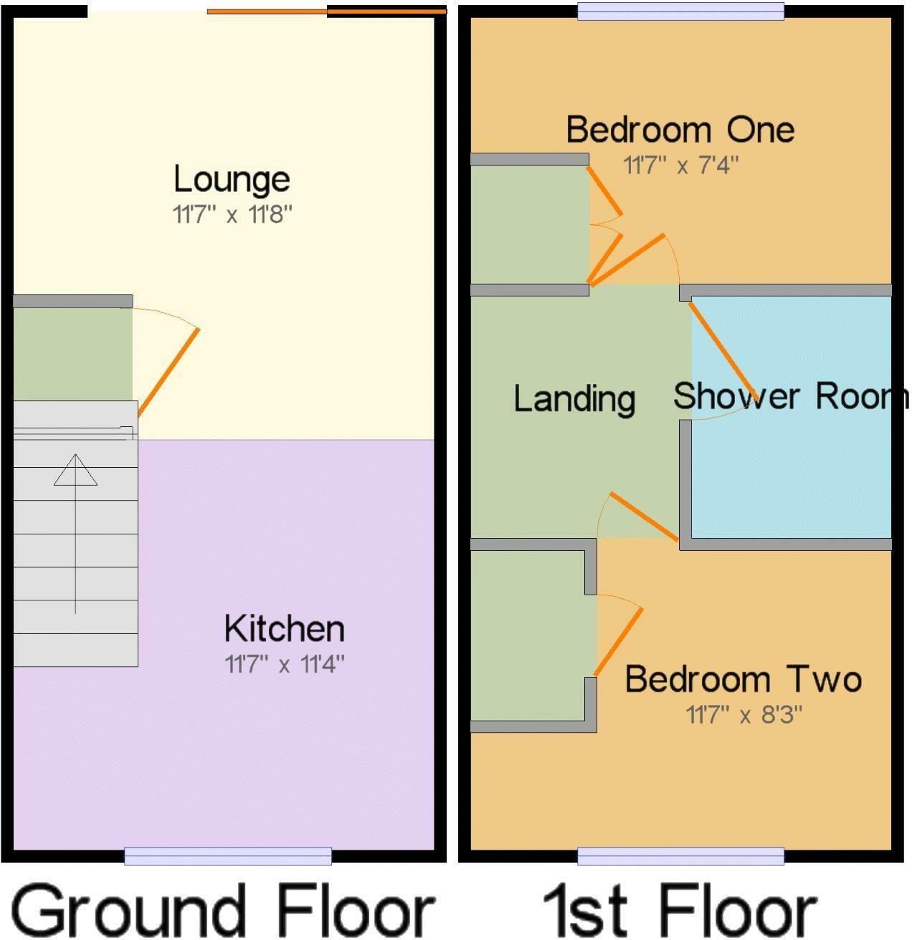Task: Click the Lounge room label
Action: click(232, 179)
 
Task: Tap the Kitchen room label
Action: click(284, 629)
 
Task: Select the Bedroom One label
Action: click(680, 130)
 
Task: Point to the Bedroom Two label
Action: click(743, 679)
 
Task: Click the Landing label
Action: click(574, 398)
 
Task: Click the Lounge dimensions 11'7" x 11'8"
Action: click(232, 214)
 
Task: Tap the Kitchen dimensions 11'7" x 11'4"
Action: click(285, 665)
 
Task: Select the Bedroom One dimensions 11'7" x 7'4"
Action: click(680, 166)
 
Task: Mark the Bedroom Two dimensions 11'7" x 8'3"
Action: click(744, 714)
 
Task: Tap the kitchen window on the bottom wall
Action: click(228, 855)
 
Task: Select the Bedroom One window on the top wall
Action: click(680, 11)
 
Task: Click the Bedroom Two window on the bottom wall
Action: click(680, 855)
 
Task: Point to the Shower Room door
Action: click(721, 350)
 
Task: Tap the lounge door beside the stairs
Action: click(168, 371)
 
